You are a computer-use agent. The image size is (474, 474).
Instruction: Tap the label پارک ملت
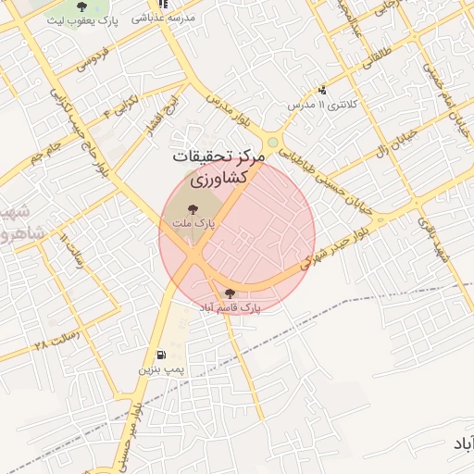click(x=192, y=224)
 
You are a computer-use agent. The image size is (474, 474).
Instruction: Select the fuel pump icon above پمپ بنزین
click(x=163, y=355)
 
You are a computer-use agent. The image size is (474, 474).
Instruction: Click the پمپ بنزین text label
click(x=163, y=369)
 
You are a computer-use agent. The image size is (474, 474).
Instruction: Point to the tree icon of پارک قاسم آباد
click(x=230, y=293)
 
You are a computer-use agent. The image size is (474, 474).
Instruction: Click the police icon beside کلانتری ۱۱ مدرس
click(x=322, y=91)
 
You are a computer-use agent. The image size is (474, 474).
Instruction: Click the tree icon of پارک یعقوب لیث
click(x=82, y=6)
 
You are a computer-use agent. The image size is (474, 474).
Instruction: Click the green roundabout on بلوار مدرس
click(x=273, y=142)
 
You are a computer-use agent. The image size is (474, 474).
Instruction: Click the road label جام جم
click(x=44, y=151)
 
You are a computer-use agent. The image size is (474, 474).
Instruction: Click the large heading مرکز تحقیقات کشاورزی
click(x=218, y=167)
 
